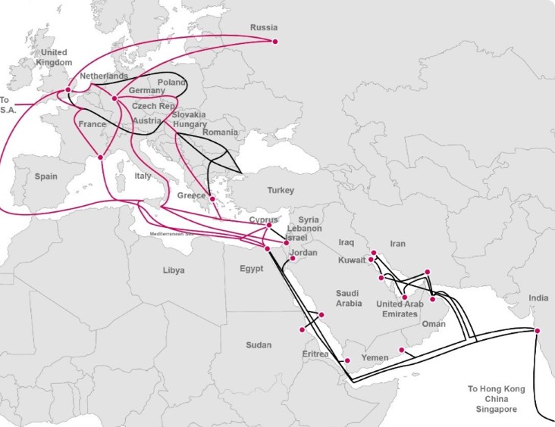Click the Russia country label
tap(264, 29)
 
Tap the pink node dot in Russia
tap(275, 41)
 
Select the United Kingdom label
tap(53, 58)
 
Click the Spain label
tap(45, 176)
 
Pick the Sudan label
tap(259, 345)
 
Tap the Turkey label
tap(281, 191)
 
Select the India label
tap(538, 298)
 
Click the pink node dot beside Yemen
tap(401, 350)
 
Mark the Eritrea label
tap(315, 354)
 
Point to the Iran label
tap(399, 245)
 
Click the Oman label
tap(434, 323)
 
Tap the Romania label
tap(221, 132)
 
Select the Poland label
tap(171, 82)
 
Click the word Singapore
tap(496, 410)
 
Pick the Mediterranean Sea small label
tap(174, 234)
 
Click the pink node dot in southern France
tap(100, 158)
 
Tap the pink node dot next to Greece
tap(213, 199)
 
